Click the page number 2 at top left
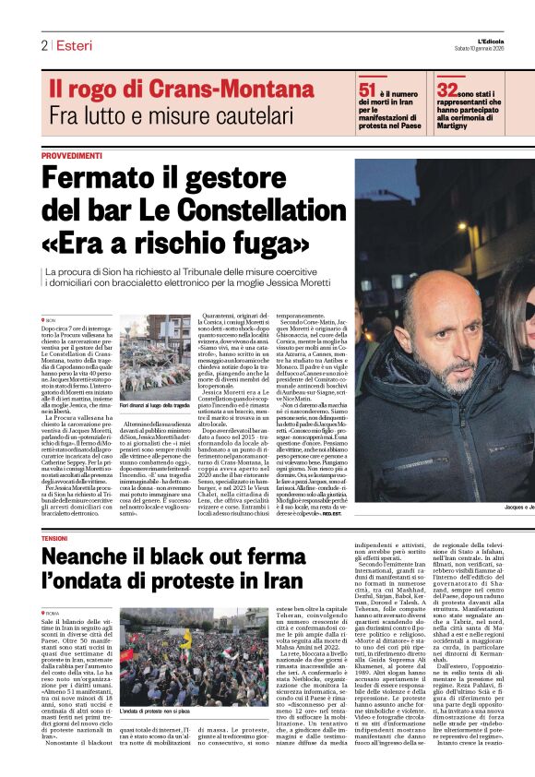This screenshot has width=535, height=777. tap(43, 45)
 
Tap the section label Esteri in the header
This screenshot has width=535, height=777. tap(72, 45)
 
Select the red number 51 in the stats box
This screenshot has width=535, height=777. tap(367, 90)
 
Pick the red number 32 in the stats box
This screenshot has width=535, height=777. tap(447, 90)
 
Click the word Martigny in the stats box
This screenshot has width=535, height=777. tap(458, 126)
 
